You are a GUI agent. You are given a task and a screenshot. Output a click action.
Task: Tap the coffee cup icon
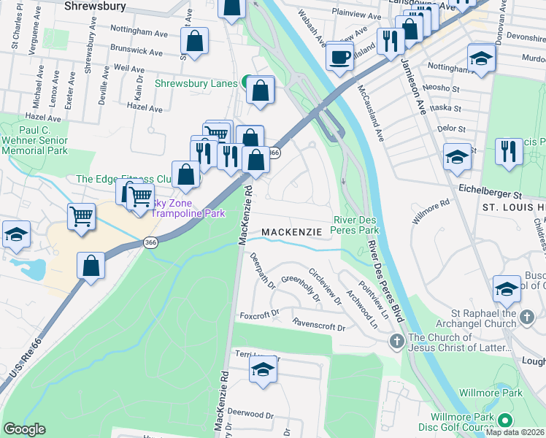tap(339, 56)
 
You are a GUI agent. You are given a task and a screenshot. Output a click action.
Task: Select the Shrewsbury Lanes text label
tap(196, 83)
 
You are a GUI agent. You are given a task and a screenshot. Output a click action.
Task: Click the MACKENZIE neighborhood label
tap(291, 231)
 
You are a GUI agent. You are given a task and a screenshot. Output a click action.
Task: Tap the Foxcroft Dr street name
tap(259, 315)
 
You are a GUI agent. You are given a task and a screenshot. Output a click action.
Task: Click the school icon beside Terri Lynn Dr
tap(264, 370)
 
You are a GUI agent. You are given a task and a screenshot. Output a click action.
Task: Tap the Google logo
tap(24, 429)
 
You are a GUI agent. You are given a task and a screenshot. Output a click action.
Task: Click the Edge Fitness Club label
tap(124, 179)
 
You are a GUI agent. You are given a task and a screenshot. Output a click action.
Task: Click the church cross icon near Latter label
tap(396, 341)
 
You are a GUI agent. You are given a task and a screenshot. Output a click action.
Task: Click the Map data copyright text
tap(515, 432)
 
